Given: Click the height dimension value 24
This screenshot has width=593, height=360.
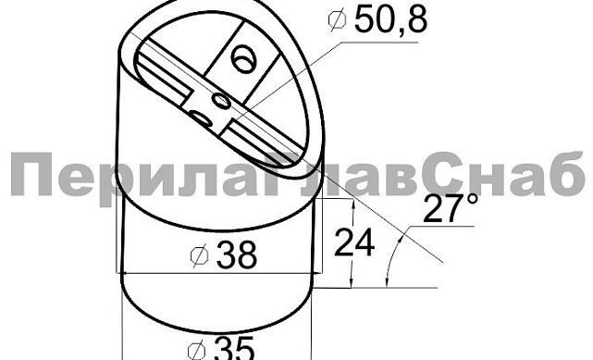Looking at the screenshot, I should click(355, 242).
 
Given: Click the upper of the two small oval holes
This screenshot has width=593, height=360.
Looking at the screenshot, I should click(221, 98).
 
